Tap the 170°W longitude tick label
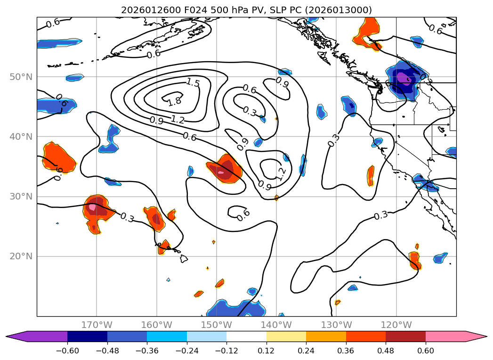(97, 325)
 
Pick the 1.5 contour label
(192, 83)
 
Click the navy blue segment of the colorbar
(87, 336)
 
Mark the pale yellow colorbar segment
(286, 336)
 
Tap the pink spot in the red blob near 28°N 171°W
(92, 207)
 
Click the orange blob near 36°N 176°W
(59, 158)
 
